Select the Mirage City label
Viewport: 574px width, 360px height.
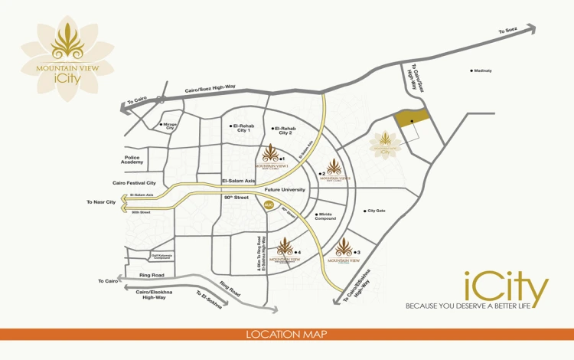tap(170, 126)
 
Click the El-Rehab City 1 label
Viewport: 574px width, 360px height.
tap(243, 128)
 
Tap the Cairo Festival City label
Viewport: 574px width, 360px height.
tap(134, 183)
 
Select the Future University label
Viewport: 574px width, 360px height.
tap(285, 188)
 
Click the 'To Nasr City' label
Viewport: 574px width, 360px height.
tap(100, 202)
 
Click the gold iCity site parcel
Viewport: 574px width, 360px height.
tap(411, 119)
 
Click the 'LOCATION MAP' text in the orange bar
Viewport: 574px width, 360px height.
tap(286, 335)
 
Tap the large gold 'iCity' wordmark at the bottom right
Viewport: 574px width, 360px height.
tap(506, 290)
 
